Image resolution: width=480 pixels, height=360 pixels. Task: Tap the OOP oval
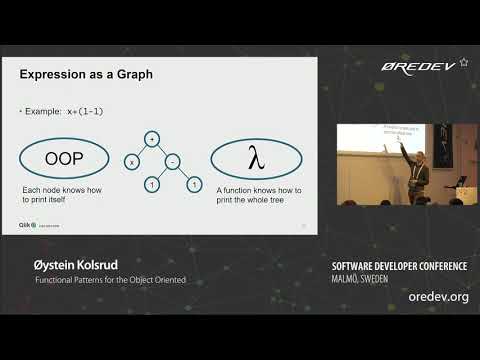[x=63, y=159]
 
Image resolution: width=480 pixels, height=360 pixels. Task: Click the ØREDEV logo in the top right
[x=417, y=66]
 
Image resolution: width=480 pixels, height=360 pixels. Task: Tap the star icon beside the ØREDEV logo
[x=463, y=61]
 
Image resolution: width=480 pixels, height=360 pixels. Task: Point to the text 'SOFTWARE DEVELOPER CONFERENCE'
[x=399, y=266]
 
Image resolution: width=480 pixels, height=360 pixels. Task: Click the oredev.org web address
[x=438, y=298]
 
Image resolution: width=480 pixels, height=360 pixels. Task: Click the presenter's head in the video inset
[x=420, y=158]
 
